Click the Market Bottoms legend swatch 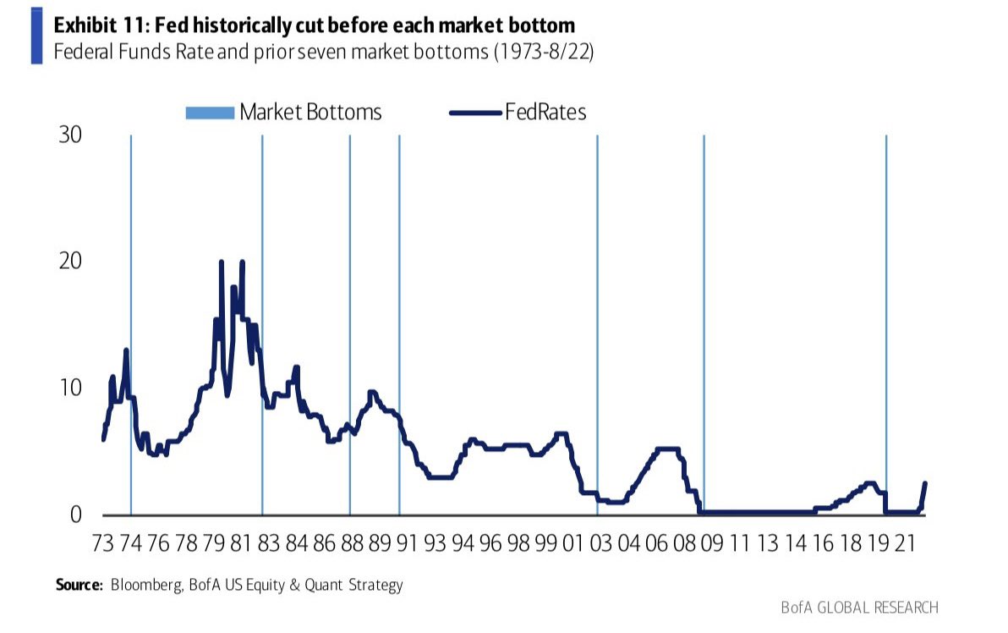(209, 113)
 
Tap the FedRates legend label (545, 112)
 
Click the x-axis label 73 (103, 544)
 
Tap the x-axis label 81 (241, 544)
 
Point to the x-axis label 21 (904, 544)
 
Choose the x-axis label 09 (710, 544)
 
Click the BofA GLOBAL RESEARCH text (860, 607)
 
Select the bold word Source (79, 585)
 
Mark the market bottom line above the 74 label (131, 322)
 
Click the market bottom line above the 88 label (350, 322)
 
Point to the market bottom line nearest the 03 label (597, 322)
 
